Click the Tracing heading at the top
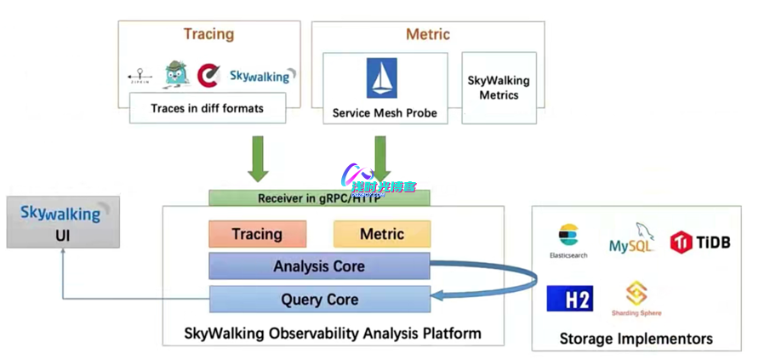[208, 34]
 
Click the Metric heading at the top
[427, 35]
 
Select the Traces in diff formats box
[207, 108]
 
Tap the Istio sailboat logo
[381, 78]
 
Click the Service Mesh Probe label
[385, 112]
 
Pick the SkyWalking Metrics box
[499, 88]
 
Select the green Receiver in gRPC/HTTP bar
[319, 198]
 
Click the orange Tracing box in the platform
[257, 234]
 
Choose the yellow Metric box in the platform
[382, 234]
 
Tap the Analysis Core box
[319, 266]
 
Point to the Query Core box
[319, 300]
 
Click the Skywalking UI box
[63, 222]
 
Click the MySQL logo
[632, 241]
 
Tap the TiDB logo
[700, 243]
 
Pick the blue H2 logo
[569, 299]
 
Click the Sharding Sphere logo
[636, 298]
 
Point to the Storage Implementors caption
[636, 339]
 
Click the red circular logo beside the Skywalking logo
[208, 76]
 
